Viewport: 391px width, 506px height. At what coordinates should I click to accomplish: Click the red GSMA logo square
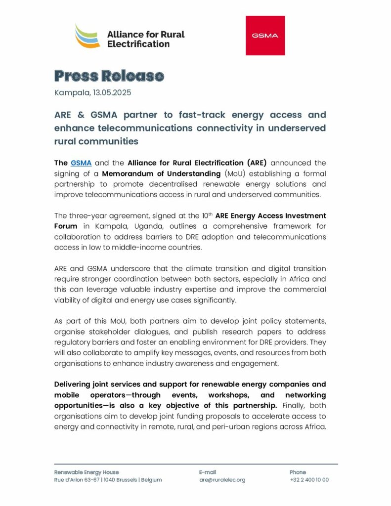[265, 36]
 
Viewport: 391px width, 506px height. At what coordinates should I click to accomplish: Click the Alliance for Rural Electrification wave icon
[87, 36]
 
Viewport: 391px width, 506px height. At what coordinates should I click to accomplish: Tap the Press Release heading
[108, 76]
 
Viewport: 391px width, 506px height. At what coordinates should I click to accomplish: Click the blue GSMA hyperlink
[81, 163]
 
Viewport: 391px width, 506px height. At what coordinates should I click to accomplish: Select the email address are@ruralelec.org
[222, 480]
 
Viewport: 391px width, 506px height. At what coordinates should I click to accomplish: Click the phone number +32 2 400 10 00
[309, 480]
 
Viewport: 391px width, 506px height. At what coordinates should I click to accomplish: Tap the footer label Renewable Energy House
[87, 472]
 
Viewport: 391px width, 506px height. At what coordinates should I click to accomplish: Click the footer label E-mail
[208, 472]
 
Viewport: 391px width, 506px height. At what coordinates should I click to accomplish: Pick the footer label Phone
[298, 472]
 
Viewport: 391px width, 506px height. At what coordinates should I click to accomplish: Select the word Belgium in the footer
[151, 480]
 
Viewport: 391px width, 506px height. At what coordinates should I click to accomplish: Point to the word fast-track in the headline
[189, 115]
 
